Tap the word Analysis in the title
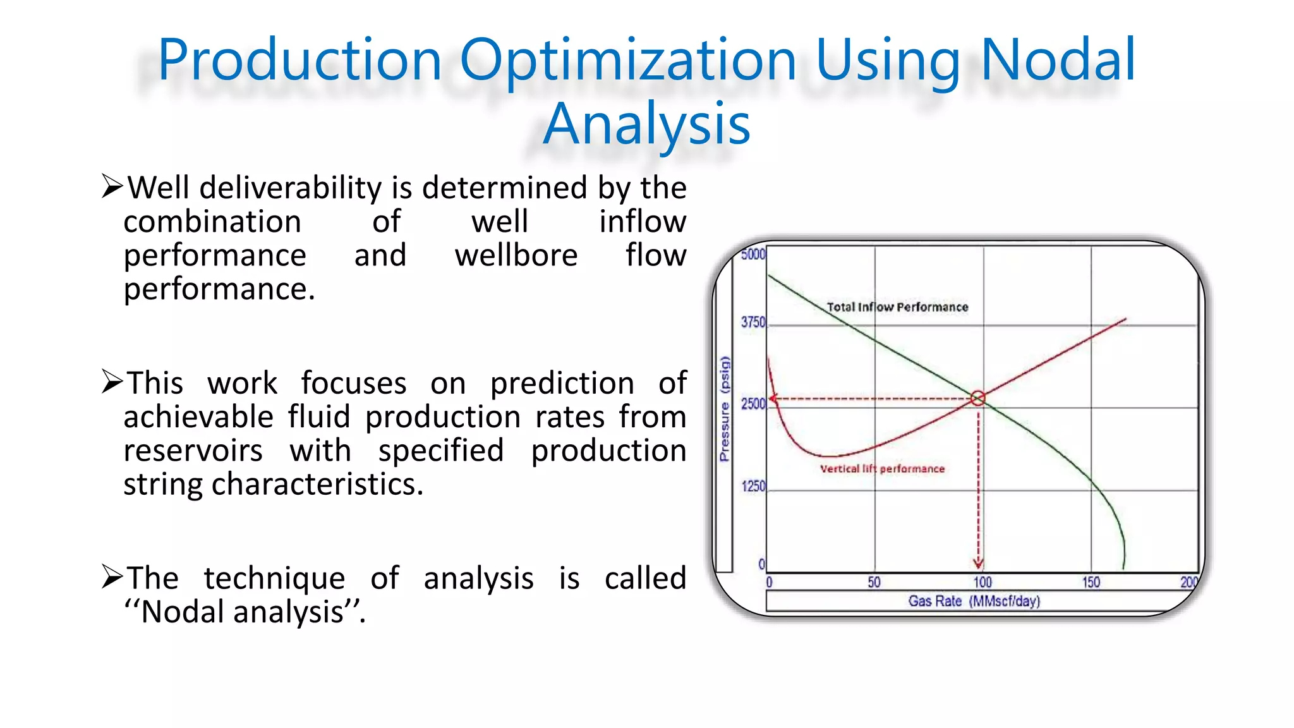point(646,124)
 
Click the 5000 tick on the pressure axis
point(753,255)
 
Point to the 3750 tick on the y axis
point(753,322)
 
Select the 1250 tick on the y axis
point(753,486)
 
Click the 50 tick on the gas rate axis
point(874,582)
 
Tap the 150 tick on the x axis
point(1091,582)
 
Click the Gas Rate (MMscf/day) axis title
point(974,601)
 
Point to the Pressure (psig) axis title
point(725,409)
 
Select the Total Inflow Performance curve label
point(897,307)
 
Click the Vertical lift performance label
point(882,469)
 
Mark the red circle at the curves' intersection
point(977,398)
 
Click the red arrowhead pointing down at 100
point(978,562)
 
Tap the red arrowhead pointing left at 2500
point(773,399)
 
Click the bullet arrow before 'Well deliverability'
point(112,186)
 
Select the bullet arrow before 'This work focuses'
point(112,382)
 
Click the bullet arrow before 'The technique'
point(112,577)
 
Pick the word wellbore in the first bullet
point(516,255)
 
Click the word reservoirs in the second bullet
point(193,451)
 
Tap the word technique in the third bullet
point(274,578)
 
